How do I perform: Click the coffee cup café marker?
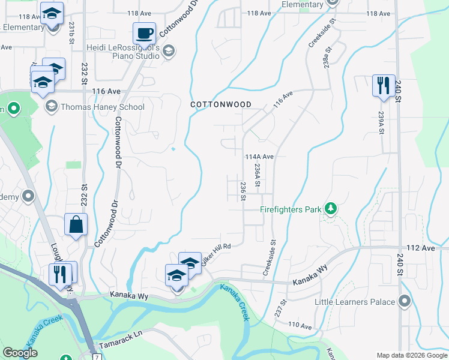[144, 34]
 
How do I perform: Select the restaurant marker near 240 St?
[382, 85]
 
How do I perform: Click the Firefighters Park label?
[289, 209]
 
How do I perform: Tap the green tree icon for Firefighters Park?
[330, 209]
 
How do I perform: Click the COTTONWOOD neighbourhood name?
[220, 104]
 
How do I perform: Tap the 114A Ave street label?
[259, 157]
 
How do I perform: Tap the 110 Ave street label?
[300, 326]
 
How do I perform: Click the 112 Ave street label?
[420, 248]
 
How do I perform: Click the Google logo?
[20, 353]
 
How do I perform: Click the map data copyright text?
[411, 355]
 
